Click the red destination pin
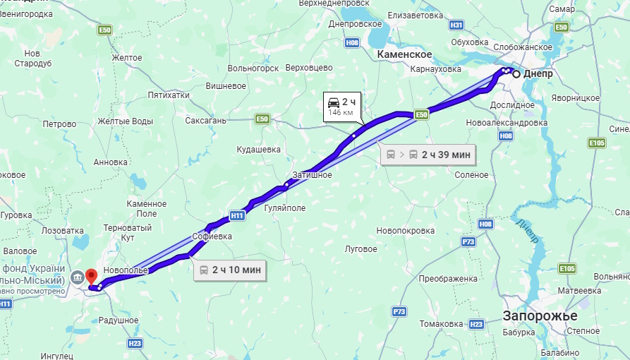pos(91,276)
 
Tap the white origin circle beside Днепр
pos(516,74)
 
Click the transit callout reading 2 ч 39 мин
pos(428,154)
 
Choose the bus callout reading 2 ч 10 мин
pos(229,269)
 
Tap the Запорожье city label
pos(540,316)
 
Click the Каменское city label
pos(404,54)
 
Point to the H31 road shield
pos(456,25)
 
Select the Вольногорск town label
pos(253,68)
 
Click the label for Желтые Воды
pos(125,121)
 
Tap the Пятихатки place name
pos(169,95)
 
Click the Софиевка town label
pos(212,236)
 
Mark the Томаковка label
pos(440,324)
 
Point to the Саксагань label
pos(205,121)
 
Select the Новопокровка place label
pos(406,231)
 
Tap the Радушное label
pos(119,320)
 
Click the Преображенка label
pos(448,279)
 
